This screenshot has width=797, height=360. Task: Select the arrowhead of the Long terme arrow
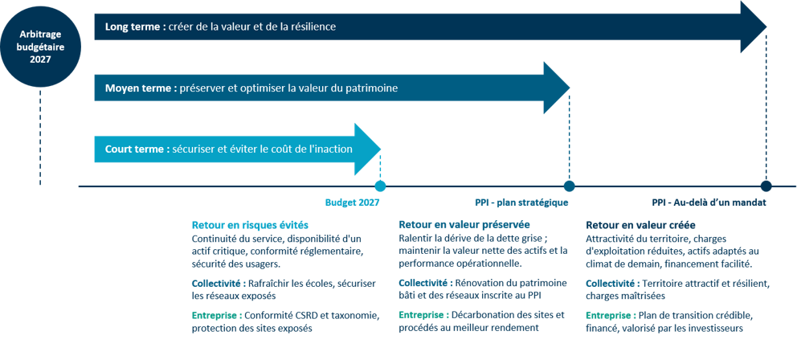[x=752, y=27]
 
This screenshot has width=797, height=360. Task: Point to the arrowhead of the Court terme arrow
[x=367, y=149]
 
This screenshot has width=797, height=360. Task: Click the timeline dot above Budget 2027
[x=380, y=186]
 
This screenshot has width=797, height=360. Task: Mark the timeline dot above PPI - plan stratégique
[x=570, y=186]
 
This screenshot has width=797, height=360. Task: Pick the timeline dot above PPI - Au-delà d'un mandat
[x=766, y=186]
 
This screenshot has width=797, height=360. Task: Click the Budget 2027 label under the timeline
[x=352, y=202]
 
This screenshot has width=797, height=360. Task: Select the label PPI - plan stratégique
[x=521, y=202]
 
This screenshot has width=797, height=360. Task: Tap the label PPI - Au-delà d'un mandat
[x=709, y=202]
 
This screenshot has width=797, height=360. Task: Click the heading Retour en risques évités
[x=250, y=225]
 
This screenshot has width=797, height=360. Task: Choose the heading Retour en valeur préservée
[x=464, y=225]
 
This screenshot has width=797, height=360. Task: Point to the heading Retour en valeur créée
[x=640, y=225]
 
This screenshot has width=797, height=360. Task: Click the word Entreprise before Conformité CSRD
[x=214, y=316]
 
